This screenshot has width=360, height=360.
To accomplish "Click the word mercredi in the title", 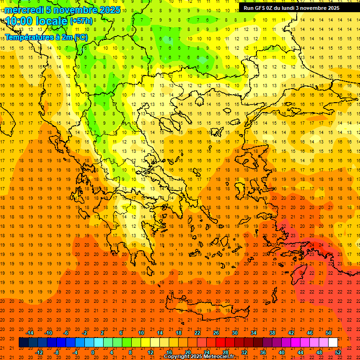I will coord(24,10).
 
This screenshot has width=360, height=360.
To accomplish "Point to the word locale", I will coord(52,21).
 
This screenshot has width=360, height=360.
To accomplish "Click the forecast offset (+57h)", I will coord(81,21).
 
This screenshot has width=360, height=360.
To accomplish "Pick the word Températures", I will coord(27,37).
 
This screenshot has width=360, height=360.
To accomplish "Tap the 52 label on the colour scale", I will coord(338,352).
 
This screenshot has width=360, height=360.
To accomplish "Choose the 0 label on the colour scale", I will coord(92,352).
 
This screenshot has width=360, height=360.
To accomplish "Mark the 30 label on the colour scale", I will coord(235,333).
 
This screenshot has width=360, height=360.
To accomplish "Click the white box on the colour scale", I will coord(333,343).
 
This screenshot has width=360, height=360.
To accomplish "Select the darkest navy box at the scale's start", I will coord(24,343).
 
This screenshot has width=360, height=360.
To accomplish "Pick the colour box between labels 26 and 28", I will coord(220,343).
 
